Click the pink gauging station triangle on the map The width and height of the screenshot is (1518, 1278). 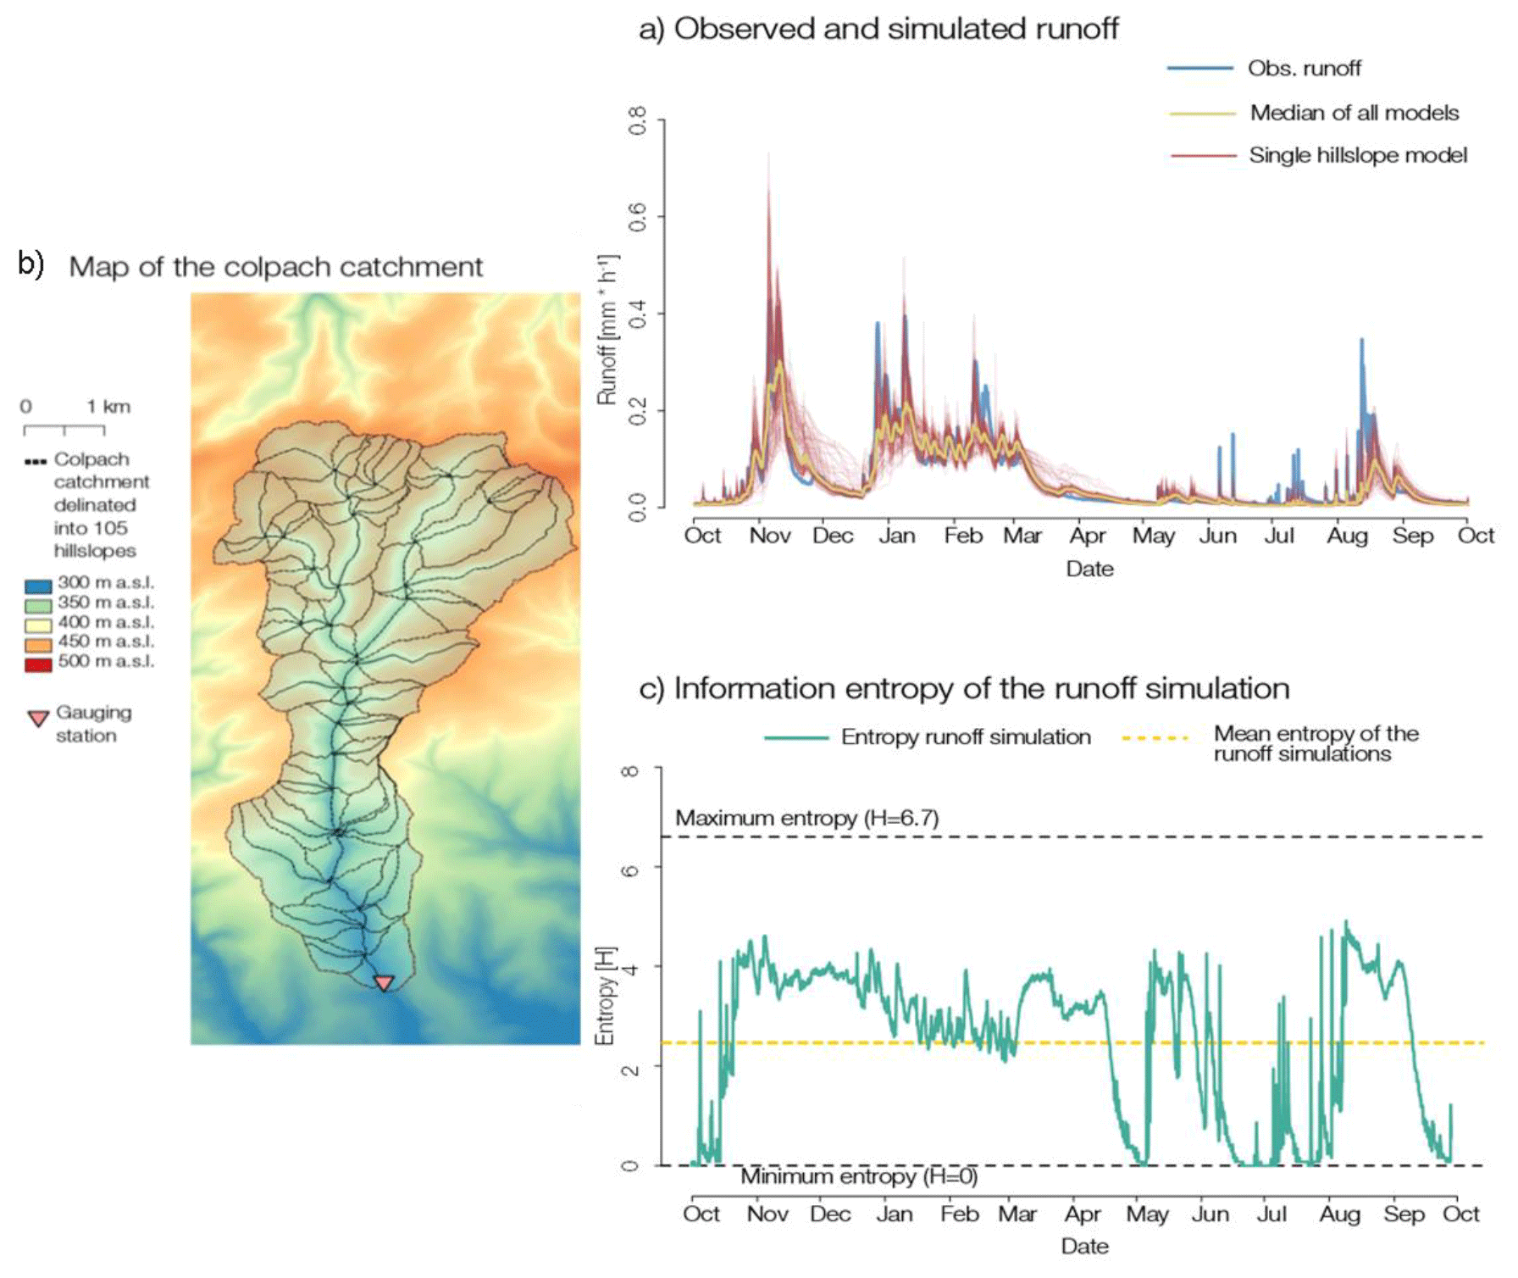[384, 982]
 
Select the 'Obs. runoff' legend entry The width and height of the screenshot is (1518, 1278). [1304, 69]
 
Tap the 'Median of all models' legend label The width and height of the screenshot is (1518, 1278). [1354, 113]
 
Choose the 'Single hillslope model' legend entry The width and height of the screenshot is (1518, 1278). [1357, 155]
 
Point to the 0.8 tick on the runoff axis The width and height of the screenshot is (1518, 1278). [637, 120]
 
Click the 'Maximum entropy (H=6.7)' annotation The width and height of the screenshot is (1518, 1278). [806, 818]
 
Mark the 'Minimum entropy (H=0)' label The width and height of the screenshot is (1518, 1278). [858, 1176]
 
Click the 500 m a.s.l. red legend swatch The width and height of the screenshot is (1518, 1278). [38, 664]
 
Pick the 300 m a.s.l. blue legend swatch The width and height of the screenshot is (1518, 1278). [38, 585]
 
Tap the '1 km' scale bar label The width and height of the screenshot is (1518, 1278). [108, 407]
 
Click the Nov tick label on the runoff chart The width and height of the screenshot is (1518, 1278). [769, 536]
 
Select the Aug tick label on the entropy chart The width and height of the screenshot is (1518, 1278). [1338, 1214]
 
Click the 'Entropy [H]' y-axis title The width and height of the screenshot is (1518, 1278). [604, 996]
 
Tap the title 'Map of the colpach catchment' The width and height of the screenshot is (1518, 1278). [275, 267]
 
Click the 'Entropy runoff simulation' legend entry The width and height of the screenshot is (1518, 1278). [965, 737]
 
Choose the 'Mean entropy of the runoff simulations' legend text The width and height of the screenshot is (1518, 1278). [1315, 744]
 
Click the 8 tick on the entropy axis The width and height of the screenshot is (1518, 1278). [629, 770]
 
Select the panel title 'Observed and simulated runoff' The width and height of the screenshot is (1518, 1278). [895, 29]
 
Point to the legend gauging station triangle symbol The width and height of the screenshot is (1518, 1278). [38, 719]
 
